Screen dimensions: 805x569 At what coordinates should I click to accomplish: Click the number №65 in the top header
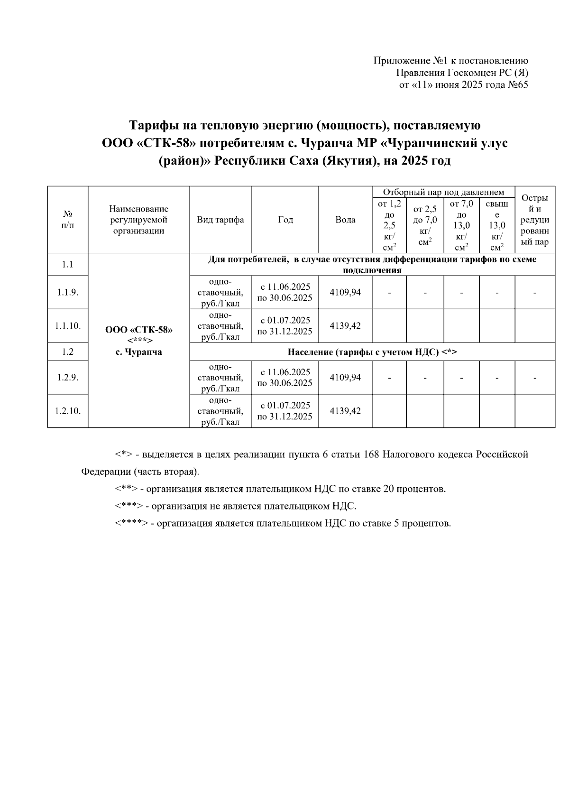click(x=518, y=85)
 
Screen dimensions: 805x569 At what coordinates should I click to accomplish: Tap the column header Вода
click(x=345, y=220)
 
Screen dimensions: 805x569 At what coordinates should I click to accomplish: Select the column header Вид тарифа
click(x=220, y=220)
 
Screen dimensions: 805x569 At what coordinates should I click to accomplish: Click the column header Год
click(x=285, y=220)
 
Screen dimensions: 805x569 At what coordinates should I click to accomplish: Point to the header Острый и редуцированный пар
click(x=534, y=220)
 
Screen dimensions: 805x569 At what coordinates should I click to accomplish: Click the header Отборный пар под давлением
click(x=443, y=192)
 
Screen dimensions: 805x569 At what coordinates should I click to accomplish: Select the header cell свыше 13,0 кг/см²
click(x=496, y=225)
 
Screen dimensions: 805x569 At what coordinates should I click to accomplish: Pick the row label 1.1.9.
click(x=67, y=292)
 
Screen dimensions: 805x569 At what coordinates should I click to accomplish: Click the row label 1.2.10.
click(x=67, y=411)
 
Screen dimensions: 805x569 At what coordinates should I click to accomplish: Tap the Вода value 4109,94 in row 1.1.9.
click(x=345, y=292)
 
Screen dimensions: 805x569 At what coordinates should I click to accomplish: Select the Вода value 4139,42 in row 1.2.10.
click(x=345, y=411)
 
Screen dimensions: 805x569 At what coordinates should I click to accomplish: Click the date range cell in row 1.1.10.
click(x=284, y=325)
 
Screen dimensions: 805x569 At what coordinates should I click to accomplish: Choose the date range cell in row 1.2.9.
click(x=284, y=377)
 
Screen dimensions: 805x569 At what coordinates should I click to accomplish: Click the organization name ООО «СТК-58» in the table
click(x=139, y=330)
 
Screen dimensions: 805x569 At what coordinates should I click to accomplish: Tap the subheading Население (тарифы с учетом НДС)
click(x=372, y=352)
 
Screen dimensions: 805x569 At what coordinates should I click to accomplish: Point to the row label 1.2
click(x=67, y=352)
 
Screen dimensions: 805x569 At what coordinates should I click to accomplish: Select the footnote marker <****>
click(x=131, y=523)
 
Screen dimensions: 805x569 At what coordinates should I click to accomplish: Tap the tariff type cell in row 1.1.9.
click(x=220, y=292)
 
